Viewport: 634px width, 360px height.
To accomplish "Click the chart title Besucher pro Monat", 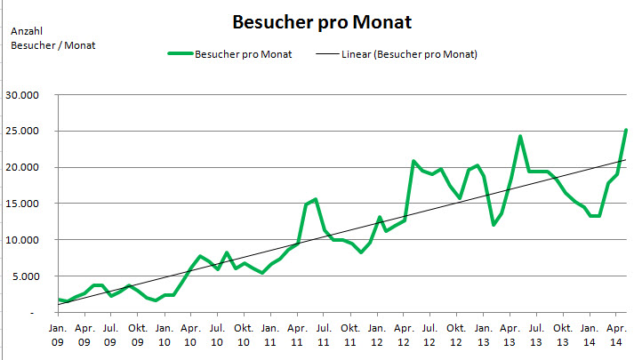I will [x=321, y=20].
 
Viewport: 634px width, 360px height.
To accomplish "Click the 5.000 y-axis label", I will [x=27, y=276].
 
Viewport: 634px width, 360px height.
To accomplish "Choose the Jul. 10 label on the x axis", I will [x=216, y=333].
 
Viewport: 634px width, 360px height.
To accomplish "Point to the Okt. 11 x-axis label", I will [x=349, y=333].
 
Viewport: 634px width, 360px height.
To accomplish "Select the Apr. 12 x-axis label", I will [x=403, y=333].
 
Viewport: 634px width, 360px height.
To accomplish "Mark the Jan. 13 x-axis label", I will [x=483, y=333].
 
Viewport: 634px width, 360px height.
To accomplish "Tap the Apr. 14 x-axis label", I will [x=616, y=333].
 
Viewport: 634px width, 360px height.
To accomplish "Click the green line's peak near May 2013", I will [x=520, y=137].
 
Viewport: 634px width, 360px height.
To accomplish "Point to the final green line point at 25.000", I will [x=626, y=131].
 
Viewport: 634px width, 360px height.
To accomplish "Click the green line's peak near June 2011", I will [x=316, y=199].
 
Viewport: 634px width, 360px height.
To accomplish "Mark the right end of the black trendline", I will [x=626, y=160].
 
